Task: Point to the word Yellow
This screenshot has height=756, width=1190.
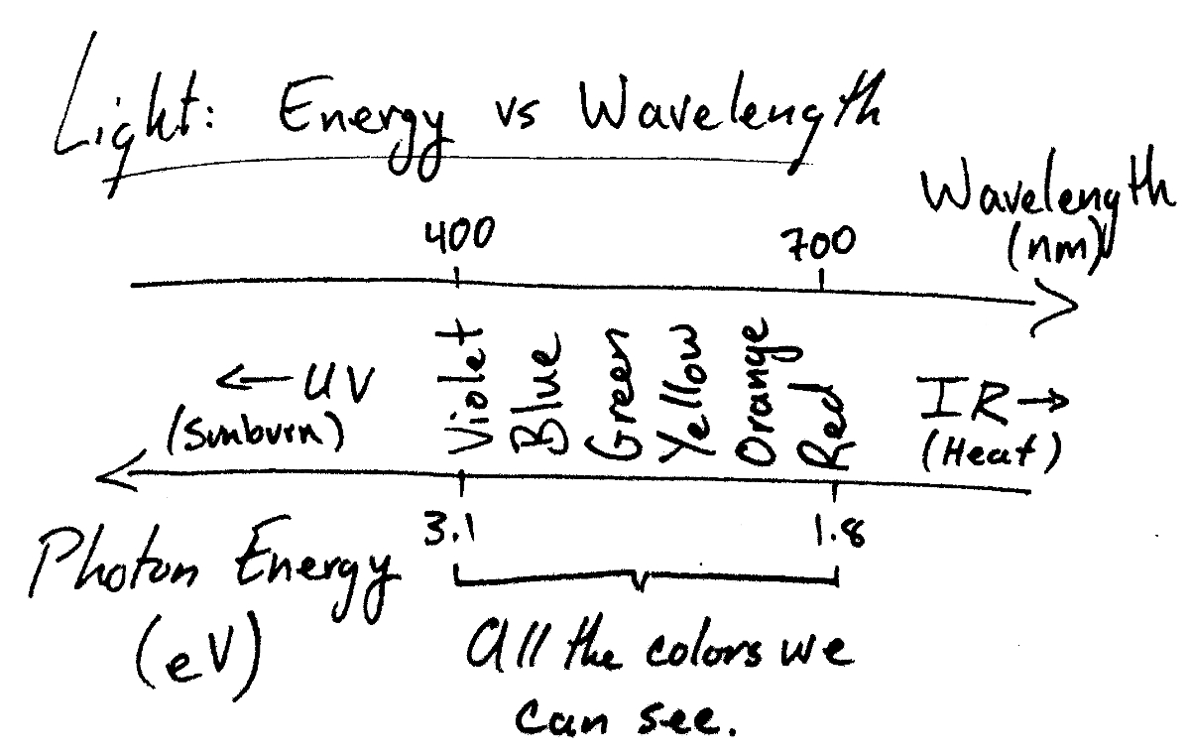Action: click(682, 392)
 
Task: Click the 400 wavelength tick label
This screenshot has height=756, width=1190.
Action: click(458, 237)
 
